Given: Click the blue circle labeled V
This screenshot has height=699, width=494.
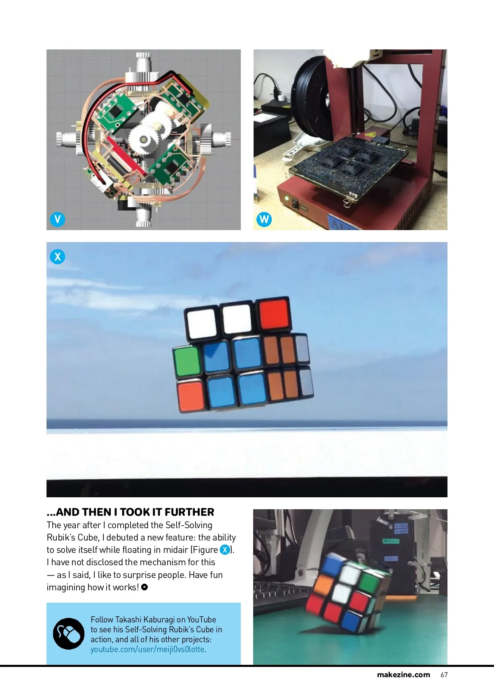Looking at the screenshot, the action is point(57,219).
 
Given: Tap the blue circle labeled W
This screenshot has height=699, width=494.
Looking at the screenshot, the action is point(264,219).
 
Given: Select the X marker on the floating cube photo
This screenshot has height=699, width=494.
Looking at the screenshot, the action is point(57,256).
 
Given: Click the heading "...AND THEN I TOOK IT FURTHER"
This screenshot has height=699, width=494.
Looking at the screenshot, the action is point(130,512).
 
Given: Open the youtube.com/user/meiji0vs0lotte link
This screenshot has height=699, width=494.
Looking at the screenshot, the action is point(148,649).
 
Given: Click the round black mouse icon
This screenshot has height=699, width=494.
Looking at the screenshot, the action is point(69,634).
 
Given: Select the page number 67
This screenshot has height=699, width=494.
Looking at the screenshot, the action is point(444,675).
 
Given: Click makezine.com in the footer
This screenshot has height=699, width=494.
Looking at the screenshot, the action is point(403,675).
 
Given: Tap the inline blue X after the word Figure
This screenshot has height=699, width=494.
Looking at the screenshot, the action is point(225,550).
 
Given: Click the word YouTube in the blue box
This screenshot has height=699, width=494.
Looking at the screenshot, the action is point(202,620).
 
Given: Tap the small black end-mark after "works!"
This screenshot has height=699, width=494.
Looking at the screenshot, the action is point(144,587).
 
